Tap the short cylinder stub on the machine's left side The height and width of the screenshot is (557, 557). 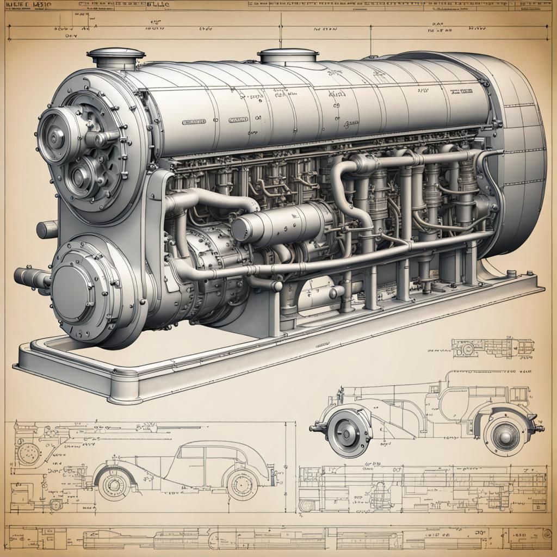[x=47, y=230]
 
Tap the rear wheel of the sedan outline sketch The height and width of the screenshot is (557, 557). [x=242, y=483]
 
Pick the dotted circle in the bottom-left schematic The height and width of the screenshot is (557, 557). [x=28, y=453]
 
